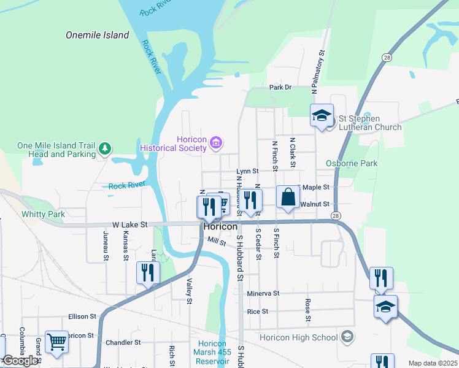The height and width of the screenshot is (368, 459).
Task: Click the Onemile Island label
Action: pyautogui.click(x=98, y=35)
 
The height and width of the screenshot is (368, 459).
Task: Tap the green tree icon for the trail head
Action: pyautogui.click(x=105, y=148)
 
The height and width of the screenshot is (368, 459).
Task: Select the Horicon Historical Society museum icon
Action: pyautogui.click(x=215, y=143)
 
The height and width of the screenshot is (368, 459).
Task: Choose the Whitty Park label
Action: pyautogui.click(x=43, y=214)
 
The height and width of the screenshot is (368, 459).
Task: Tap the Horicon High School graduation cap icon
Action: pyautogui.click(x=347, y=336)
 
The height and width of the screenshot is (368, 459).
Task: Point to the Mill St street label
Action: pyautogui.click(x=217, y=241)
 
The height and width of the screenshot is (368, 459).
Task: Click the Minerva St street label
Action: pyautogui.click(x=263, y=294)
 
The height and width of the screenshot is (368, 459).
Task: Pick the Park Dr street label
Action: pyautogui.click(x=280, y=88)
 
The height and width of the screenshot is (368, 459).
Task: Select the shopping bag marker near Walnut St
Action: pyautogui.click(x=288, y=197)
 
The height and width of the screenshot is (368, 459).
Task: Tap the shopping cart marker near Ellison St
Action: pyautogui.click(x=56, y=342)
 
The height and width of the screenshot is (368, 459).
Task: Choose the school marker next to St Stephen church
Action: pyautogui.click(x=322, y=116)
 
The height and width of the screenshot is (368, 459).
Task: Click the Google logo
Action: pyautogui.click(x=20, y=361)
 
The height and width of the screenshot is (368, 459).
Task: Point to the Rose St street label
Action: pyautogui.click(x=307, y=310)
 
